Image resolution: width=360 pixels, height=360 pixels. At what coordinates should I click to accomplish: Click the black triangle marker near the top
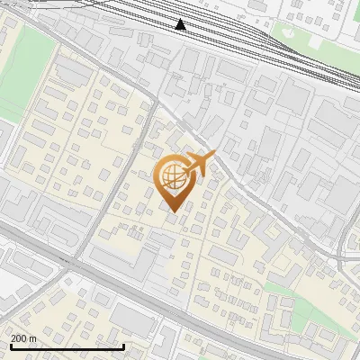[181, 24]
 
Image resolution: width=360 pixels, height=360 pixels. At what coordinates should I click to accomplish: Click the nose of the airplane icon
[213, 155]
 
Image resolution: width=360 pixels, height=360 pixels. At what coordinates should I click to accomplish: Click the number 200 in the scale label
[19, 338]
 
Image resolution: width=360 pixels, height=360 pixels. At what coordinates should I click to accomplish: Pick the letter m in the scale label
[32, 338]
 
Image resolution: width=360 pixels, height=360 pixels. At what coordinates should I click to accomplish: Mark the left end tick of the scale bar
[10, 346]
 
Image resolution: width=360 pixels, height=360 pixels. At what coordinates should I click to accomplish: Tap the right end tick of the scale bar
[123, 346]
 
